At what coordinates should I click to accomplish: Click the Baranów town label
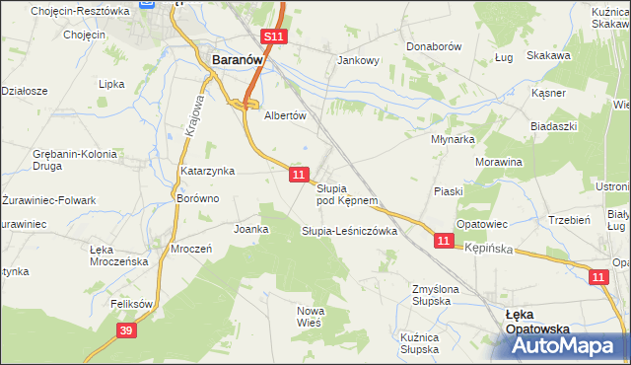[x=238, y=60]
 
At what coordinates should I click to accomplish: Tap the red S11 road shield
[x=274, y=37]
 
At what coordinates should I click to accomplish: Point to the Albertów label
[x=286, y=114]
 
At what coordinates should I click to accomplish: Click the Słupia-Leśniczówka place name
[x=349, y=231]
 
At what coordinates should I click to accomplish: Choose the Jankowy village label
[x=359, y=60]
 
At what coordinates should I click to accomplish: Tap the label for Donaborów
[x=434, y=46]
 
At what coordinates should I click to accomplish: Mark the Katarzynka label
[x=207, y=171]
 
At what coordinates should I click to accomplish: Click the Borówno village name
[x=196, y=198]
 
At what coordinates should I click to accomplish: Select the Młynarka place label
[x=454, y=140]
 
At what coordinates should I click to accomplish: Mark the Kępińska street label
[x=489, y=250]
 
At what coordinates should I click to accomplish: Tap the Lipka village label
[x=111, y=84]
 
